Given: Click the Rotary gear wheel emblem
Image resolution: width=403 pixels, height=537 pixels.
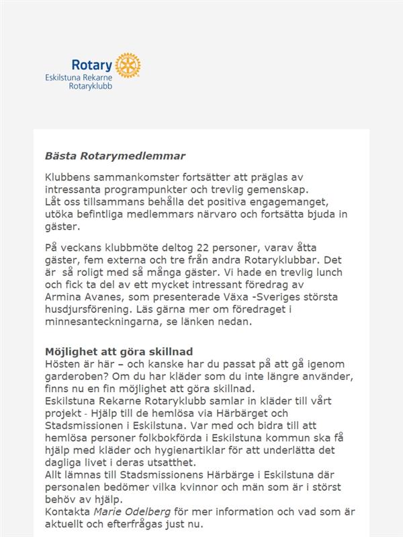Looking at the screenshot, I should pos(128,65).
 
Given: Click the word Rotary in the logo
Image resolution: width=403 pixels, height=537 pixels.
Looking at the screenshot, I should pos(92,65).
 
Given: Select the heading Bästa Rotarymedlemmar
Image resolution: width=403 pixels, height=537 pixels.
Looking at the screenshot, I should pos(115,156).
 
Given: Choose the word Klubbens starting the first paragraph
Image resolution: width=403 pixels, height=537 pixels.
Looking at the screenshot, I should pos(70,177).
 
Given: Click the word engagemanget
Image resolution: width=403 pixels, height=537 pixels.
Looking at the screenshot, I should pos(301,203).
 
